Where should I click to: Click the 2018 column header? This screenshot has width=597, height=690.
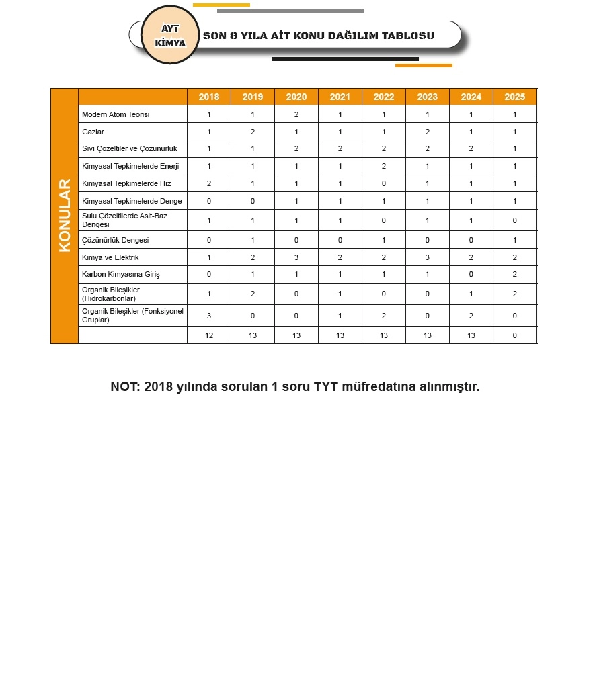[x=209, y=97]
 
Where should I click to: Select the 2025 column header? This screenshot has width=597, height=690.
[x=514, y=97]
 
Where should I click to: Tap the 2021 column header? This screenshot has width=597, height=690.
[x=340, y=97]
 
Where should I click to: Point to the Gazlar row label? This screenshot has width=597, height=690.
[x=93, y=132]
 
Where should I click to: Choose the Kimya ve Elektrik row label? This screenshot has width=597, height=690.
[x=110, y=257]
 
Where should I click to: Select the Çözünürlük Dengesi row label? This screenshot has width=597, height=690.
[x=115, y=240]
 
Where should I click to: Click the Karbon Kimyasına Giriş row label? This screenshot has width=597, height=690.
[x=120, y=275]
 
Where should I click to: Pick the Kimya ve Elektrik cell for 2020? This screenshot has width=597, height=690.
[x=296, y=257]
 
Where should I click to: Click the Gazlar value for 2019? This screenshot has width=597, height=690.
[x=253, y=132]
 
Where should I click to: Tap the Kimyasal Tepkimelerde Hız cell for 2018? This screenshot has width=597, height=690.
[x=209, y=183]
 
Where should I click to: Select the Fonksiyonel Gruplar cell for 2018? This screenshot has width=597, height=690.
[x=209, y=316]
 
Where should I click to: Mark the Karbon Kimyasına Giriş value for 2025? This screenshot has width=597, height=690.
[x=514, y=275]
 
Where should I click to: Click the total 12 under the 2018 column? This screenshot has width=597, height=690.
[x=209, y=335]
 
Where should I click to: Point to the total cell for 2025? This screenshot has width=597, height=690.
[x=514, y=335]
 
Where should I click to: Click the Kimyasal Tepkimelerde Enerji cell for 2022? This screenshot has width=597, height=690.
[x=384, y=166]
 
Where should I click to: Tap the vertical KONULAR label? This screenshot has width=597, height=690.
[x=65, y=216]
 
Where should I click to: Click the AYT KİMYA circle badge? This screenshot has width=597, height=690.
[x=170, y=36]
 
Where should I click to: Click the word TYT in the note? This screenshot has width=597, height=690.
[x=326, y=387]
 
